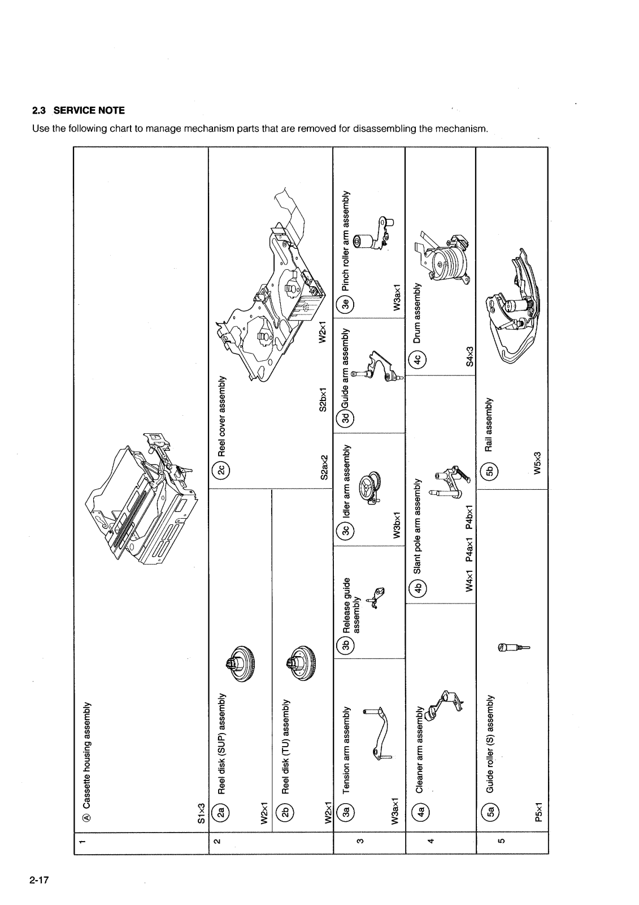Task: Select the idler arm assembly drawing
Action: coord(371,486)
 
